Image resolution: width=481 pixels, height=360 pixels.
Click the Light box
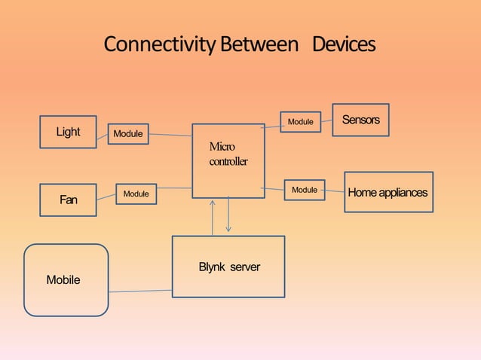[x=68, y=132]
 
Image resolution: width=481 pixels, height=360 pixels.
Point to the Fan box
[x=68, y=200]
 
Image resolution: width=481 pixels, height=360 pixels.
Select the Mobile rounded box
[x=66, y=279]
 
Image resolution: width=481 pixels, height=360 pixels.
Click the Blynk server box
[x=228, y=267]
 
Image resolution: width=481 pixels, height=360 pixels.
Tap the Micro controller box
[x=228, y=160]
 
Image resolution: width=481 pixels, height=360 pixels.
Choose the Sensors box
[x=360, y=120]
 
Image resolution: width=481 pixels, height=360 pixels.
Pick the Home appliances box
[x=388, y=192]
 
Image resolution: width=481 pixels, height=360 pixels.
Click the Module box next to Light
[x=128, y=134]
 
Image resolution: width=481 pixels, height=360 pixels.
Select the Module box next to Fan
[x=136, y=194]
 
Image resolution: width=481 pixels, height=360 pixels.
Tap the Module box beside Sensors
[x=301, y=121]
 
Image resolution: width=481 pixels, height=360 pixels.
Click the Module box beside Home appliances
[x=305, y=190]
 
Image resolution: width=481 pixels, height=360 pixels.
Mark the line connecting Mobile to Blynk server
[x=140, y=291]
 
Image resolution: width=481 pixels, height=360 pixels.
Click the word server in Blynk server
[x=245, y=267]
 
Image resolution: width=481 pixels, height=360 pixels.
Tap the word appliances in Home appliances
[x=403, y=192]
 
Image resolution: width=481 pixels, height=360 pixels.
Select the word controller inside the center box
[x=228, y=162]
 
